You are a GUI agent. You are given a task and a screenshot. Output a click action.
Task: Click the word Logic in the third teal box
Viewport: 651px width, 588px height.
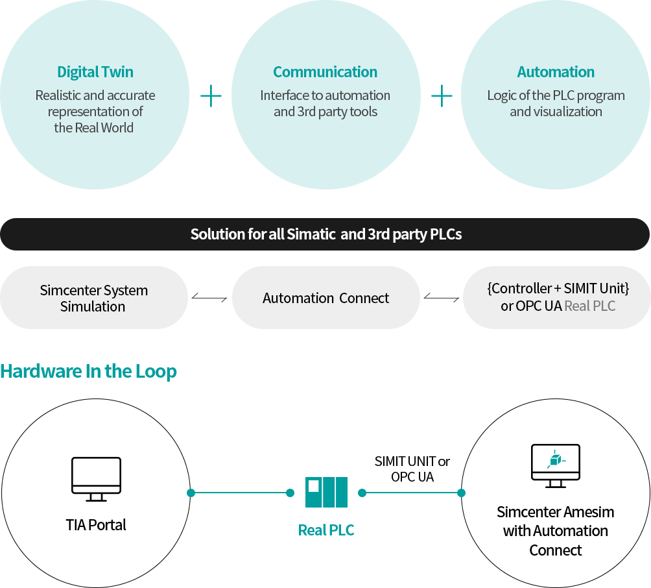[x=502, y=95]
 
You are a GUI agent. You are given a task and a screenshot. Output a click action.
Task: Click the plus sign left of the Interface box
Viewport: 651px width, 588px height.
[x=211, y=96]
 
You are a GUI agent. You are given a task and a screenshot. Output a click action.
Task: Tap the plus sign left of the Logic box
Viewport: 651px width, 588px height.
[x=442, y=96]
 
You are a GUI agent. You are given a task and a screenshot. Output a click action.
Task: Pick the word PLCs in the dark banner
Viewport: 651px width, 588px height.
[x=446, y=234]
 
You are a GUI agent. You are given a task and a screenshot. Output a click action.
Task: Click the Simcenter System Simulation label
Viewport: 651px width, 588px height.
[x=94, y=299]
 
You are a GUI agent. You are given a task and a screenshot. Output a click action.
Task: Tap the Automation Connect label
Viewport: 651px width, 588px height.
[x=326, y=299]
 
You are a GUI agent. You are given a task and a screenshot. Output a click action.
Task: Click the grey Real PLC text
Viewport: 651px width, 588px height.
[x=589, y=306]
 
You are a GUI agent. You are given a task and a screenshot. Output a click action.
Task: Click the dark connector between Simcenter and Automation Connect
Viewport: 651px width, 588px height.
[x=209, y=298]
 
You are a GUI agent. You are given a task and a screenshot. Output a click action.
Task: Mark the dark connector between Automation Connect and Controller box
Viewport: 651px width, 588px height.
[x=441, y=298]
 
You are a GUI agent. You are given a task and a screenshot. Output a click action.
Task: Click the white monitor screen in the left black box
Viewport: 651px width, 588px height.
[x=97, y=472]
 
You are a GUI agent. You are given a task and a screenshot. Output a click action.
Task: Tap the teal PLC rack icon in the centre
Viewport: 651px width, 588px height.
[x=327, y=492]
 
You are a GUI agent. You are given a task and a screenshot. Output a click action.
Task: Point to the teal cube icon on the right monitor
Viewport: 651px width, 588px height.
[x=555, y=461]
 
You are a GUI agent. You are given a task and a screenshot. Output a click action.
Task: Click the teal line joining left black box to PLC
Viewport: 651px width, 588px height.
[x=240, y=493]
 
